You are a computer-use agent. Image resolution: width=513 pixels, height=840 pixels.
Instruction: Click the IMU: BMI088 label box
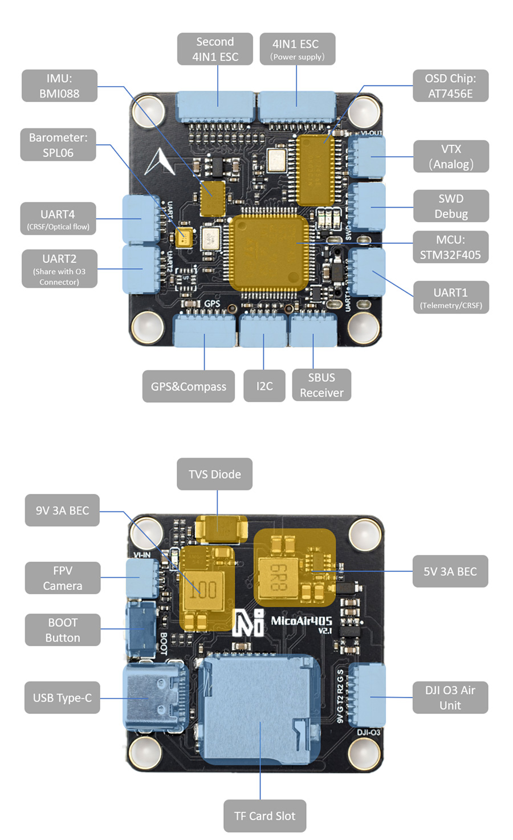(59, 86)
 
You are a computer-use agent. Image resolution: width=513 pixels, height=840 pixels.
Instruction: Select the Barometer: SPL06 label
(58, 145)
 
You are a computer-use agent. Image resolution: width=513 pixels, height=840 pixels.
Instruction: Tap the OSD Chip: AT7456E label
(450, 86)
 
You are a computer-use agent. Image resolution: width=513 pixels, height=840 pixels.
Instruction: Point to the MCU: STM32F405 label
(450, 247)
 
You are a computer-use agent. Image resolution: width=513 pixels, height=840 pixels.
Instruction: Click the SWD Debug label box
(451, 206)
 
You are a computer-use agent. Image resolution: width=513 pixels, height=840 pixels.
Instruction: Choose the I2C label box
(264, 386)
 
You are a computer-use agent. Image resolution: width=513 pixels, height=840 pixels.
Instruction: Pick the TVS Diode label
(214, 474)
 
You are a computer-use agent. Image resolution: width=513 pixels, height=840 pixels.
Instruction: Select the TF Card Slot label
(264, 816)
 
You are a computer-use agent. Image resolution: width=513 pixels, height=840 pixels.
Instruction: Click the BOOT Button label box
(63, 630)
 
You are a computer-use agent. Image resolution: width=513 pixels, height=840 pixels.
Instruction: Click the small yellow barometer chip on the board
(184, 236)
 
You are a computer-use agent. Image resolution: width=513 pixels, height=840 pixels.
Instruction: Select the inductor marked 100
(203, 589)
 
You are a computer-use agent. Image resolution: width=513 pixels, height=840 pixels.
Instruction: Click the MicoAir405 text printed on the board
(300, 621)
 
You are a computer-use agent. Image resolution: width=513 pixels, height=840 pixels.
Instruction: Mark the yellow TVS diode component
(221, 528)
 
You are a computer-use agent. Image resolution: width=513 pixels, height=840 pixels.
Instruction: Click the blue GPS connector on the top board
(205, 331)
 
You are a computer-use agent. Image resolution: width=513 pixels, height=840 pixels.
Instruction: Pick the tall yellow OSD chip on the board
(315, 170)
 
